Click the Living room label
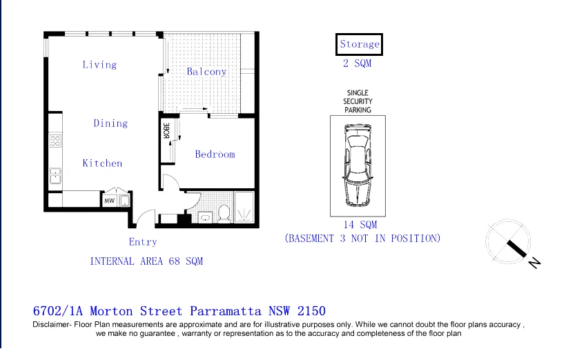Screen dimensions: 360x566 [99, 65]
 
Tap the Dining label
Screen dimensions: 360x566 [110, 123]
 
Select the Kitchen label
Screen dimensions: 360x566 [102, 163]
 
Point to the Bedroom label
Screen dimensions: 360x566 [215, 154]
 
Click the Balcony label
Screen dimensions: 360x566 [206, 72]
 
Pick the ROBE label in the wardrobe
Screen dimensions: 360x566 [166, 130]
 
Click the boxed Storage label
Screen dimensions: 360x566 [359, 44]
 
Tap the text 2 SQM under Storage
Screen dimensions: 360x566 [357, 63]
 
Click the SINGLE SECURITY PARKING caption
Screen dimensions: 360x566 [358, 101]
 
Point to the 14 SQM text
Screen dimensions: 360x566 [360, 225]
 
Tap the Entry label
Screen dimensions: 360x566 [143, 242]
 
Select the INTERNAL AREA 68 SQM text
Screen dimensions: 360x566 [146, 261]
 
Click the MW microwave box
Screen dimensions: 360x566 [109, 201]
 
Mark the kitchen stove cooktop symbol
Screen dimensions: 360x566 [55, 141]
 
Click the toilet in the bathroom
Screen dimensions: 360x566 [223, 213]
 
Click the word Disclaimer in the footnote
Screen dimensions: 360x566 [55, 324]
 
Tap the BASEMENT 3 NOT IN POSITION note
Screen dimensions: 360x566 [362, 239]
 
